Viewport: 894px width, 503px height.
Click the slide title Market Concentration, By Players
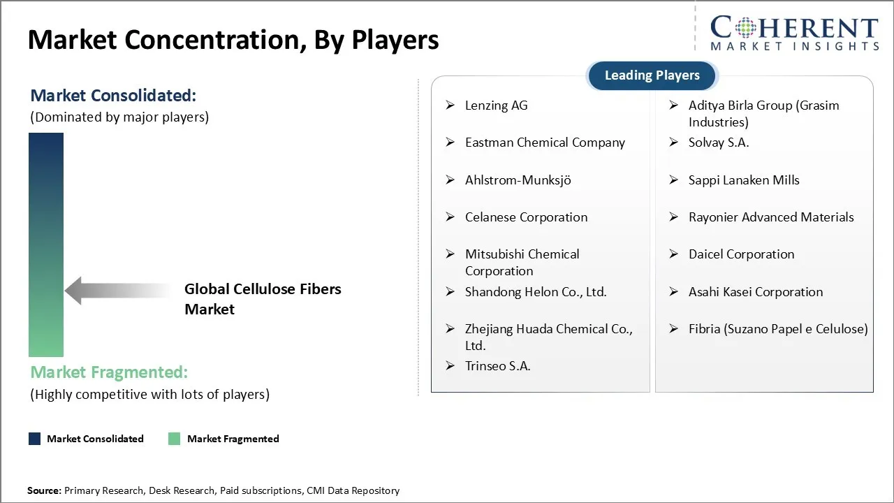233,40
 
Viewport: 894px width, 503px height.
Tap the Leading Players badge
652,75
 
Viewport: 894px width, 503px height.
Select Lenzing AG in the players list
496,105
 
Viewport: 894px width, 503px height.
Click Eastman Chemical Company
545,143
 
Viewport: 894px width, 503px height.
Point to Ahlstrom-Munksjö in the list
518,180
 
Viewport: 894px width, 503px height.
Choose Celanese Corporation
526,217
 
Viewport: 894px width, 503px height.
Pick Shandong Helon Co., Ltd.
536,292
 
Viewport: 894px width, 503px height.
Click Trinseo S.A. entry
497,366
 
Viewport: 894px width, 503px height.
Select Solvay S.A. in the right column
718,143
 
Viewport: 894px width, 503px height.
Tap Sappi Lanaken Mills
743,180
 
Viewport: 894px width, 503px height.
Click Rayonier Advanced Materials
770,217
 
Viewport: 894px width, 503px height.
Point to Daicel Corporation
741,254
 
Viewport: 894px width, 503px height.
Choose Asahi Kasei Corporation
755,292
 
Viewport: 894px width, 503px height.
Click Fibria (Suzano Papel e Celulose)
777,329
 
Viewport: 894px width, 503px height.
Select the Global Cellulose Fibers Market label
263,299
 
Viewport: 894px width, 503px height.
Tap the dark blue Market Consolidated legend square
35,439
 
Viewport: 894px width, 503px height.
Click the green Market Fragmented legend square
175,439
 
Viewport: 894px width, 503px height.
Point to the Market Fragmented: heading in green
109,372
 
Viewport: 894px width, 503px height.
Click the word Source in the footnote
43,491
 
